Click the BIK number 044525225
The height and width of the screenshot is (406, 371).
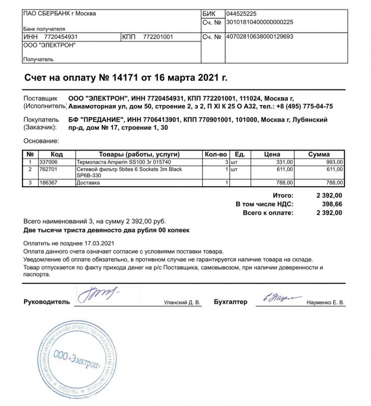coord(241,13)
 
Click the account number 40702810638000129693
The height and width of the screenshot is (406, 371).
coord(259,37)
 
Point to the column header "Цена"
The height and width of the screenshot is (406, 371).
coord(272,154)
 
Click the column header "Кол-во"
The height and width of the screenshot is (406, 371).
coord(215,154)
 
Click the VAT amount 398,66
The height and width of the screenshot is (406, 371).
coord(331,205)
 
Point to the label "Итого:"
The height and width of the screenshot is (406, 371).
coord(283,195)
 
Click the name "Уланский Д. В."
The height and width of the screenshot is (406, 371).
coord(182,303)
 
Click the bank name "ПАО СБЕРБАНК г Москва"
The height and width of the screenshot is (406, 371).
coord(59,13)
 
